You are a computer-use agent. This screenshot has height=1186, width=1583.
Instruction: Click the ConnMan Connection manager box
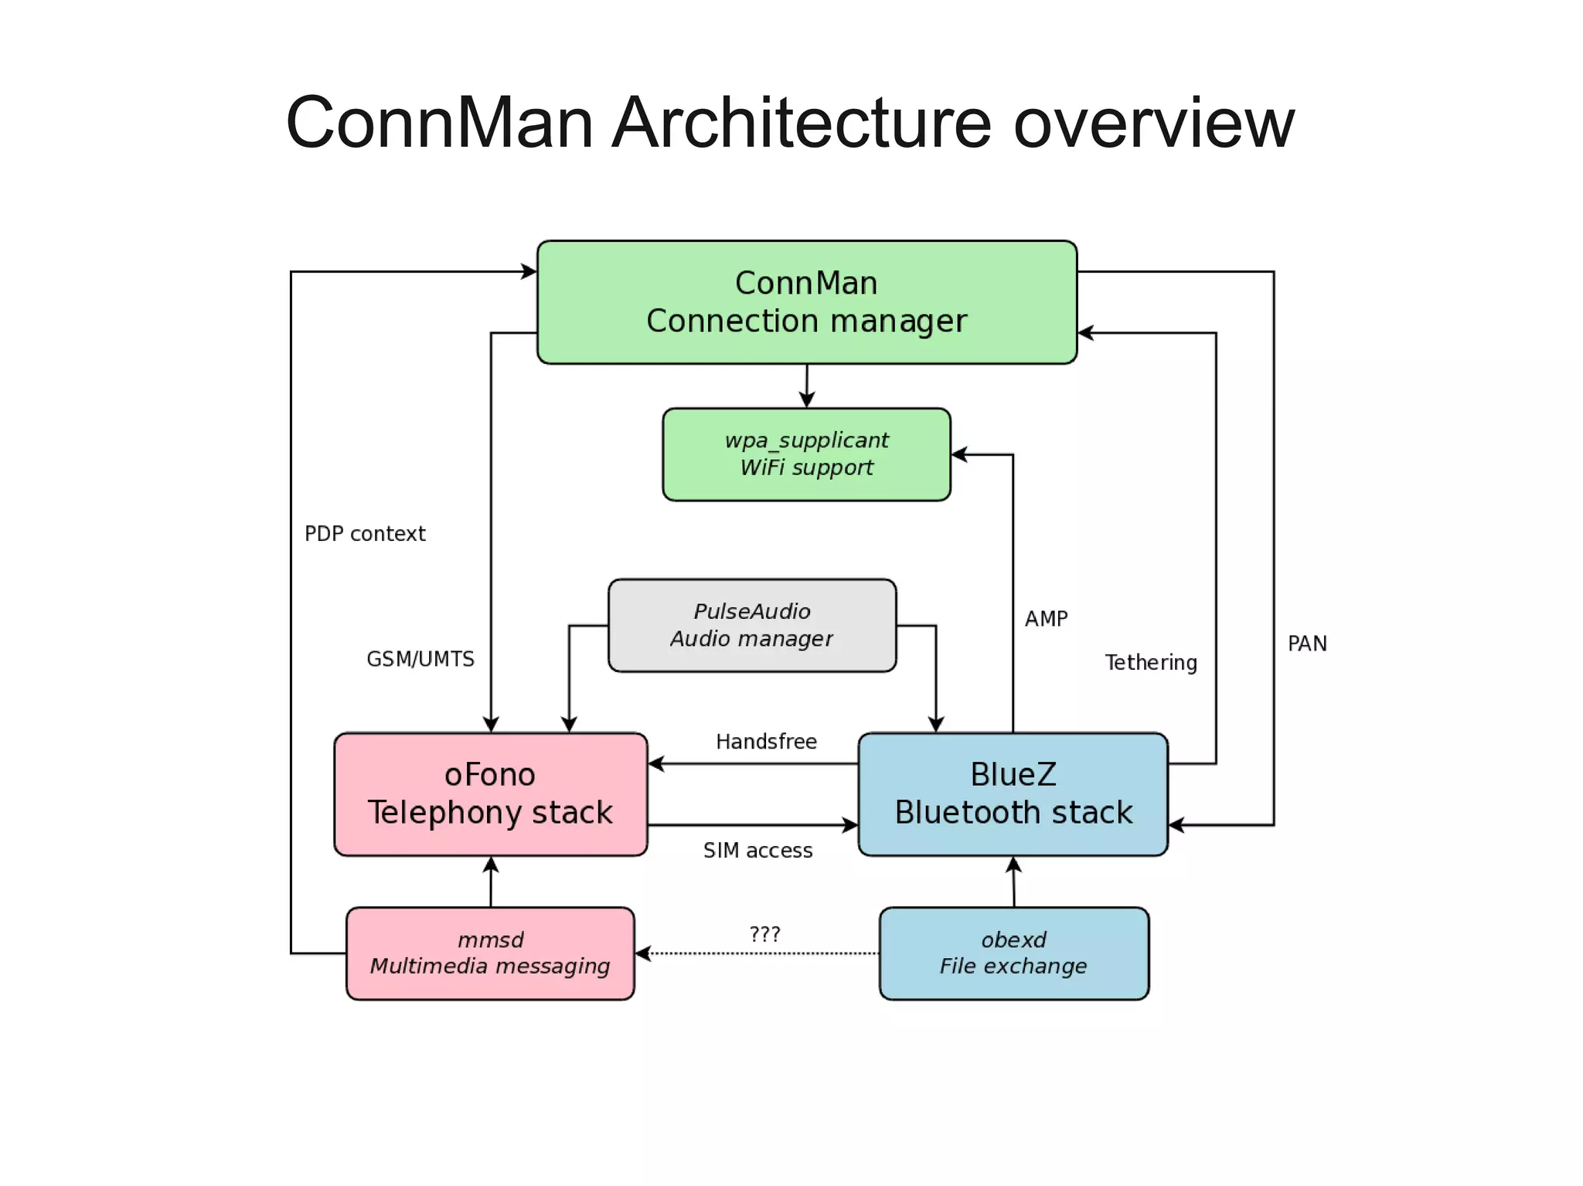click(806, 302)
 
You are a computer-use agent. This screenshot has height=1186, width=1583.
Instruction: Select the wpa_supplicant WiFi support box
click(806, 454)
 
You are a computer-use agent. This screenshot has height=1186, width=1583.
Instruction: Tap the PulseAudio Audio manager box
click(751, 625)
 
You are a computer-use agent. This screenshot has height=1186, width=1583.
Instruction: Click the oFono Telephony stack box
click(490, 794)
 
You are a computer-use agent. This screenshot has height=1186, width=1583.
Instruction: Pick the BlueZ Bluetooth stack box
click(1013, 794)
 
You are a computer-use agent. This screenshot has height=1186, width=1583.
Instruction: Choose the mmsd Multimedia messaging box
click(490, 953)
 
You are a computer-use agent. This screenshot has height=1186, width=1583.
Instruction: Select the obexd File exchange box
click(1013, 953)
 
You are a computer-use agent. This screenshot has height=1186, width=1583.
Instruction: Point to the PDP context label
click(365, 534)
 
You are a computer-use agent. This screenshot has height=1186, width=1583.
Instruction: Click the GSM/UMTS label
click(420, 659)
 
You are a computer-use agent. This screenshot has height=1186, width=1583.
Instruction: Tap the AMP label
click(1046, 619)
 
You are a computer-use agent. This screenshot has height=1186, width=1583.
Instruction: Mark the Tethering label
click(1151, 663)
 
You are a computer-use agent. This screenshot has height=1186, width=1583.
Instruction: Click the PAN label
click(1307, 644)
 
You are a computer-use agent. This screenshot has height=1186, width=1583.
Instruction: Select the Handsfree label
click(766, 742)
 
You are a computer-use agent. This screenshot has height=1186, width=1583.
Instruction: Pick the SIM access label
click(757, 851)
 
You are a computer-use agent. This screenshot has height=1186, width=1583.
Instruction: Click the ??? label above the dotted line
click(764, 934)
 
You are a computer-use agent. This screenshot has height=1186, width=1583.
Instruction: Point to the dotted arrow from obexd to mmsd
click(757, 953)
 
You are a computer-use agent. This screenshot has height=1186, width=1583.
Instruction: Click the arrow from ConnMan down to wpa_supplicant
click(806, 386)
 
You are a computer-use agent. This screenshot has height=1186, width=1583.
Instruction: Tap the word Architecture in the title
click(801, 124)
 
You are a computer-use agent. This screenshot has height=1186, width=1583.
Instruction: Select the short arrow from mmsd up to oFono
click(491, 882)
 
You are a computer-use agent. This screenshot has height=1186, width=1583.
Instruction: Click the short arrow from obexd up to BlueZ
click(1013, 882)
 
